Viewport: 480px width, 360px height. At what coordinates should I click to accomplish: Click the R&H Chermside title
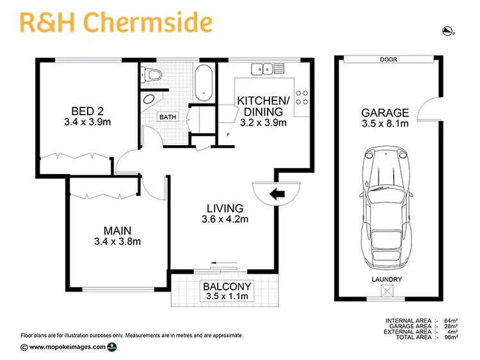pos(116,22)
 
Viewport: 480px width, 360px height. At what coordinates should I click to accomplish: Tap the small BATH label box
pos(168,117)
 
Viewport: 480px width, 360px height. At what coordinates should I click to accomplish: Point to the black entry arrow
pos(278,194)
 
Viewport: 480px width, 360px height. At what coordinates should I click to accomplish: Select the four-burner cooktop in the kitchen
pos(302,96)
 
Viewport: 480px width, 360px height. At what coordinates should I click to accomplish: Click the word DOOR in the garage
pos(388,59)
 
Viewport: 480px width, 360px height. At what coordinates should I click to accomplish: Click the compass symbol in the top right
pos(448,29)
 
